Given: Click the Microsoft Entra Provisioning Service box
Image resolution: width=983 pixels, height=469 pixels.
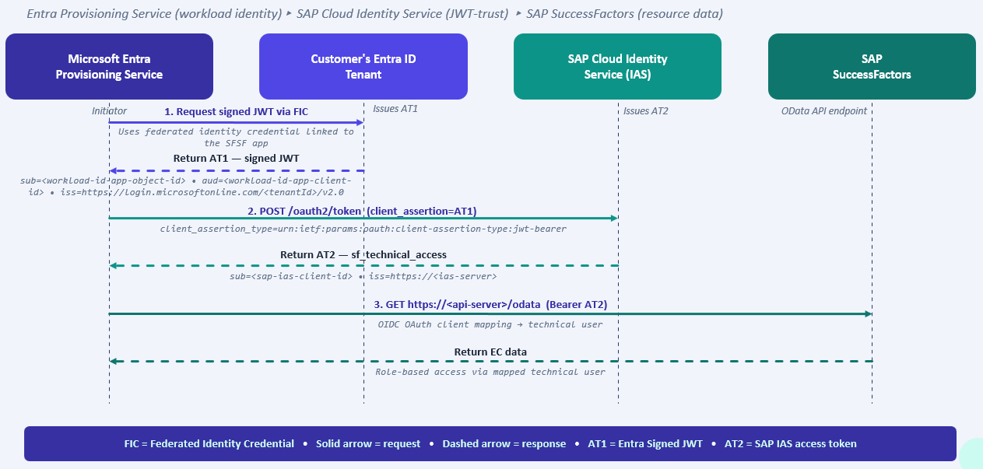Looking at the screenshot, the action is (x=109, y=66).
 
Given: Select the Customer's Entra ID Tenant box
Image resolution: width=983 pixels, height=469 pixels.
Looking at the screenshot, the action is (x=363, y=66).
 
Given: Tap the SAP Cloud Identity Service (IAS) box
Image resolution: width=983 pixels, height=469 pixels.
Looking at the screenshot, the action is (x=617, y=66).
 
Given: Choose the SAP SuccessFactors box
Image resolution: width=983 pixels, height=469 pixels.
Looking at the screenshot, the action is (x=872, y=66).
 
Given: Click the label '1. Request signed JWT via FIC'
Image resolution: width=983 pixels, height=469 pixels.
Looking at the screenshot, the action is (x=236, y=112).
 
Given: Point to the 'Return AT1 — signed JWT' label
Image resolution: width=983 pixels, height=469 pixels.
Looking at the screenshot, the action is (x=236, y=159).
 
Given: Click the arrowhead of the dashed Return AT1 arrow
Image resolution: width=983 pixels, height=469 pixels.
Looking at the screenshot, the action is (x=113, y=170).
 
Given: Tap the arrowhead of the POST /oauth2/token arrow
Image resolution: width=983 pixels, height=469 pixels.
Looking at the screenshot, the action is (x=614, y=218).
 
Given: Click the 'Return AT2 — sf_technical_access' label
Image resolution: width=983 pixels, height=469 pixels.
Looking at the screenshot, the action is (x=363, y=255).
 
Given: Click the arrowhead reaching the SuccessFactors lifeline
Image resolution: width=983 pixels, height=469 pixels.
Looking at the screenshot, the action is (x=869, y=313).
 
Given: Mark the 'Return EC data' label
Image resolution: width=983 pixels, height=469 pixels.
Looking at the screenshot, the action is (x=490, y=352).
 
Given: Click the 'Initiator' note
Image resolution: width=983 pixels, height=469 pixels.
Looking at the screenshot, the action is (x=109, y=111).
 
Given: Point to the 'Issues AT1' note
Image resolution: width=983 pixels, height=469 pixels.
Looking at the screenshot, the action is (x=395, y=109).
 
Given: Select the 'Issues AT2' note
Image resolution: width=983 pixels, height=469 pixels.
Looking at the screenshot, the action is (x=646, y=111).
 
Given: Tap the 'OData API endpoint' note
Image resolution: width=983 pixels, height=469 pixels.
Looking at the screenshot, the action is (x=824, y=111).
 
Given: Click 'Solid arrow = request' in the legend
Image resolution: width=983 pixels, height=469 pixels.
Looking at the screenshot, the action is (x=368, y=443).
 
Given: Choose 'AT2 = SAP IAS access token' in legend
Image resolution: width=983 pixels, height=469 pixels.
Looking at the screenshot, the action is (x=790, y=443).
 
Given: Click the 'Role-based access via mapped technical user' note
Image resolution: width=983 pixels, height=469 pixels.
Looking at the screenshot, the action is (x=490, y=372).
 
